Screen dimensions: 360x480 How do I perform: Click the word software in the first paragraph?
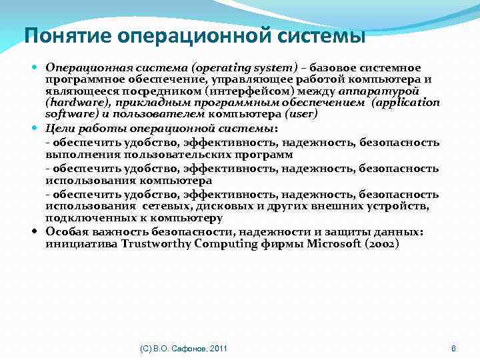pyautogui.click(x=67, y=114)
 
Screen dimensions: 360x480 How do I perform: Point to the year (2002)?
pyautogui.click(x=383, y=243)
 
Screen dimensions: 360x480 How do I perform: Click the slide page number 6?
pyautogui.click(x=453, y=349)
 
